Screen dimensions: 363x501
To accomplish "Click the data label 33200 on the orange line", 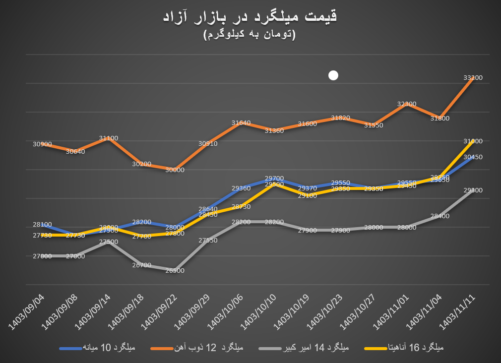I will tap(473, 78).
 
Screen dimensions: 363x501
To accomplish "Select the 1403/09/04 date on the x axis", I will tap(27, 310).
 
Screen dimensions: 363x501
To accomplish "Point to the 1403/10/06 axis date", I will tap(226, 310).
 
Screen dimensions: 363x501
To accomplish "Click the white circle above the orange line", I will tap(333, 75).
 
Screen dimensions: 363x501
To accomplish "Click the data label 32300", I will tap(407, 104).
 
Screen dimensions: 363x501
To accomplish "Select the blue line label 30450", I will tap(473, 157).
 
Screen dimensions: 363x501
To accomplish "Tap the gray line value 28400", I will tap(439, 216).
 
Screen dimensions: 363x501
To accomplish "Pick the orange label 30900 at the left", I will tap(42, 144).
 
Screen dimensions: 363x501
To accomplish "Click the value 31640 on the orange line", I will tap(241, 123).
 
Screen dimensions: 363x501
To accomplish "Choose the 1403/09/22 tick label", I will tap(159, 310).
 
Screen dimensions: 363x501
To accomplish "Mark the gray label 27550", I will tap(208, 240).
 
